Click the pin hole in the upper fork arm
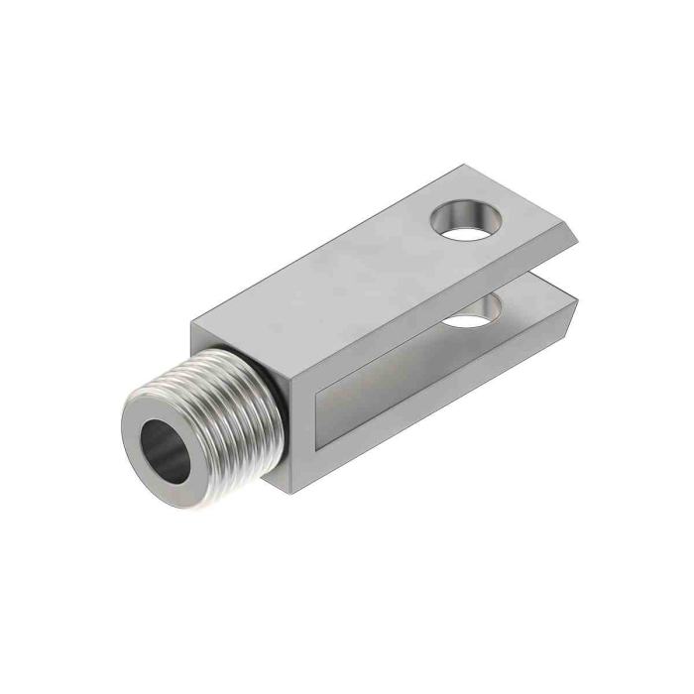(464, 220)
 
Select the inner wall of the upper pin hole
(458, 209)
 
